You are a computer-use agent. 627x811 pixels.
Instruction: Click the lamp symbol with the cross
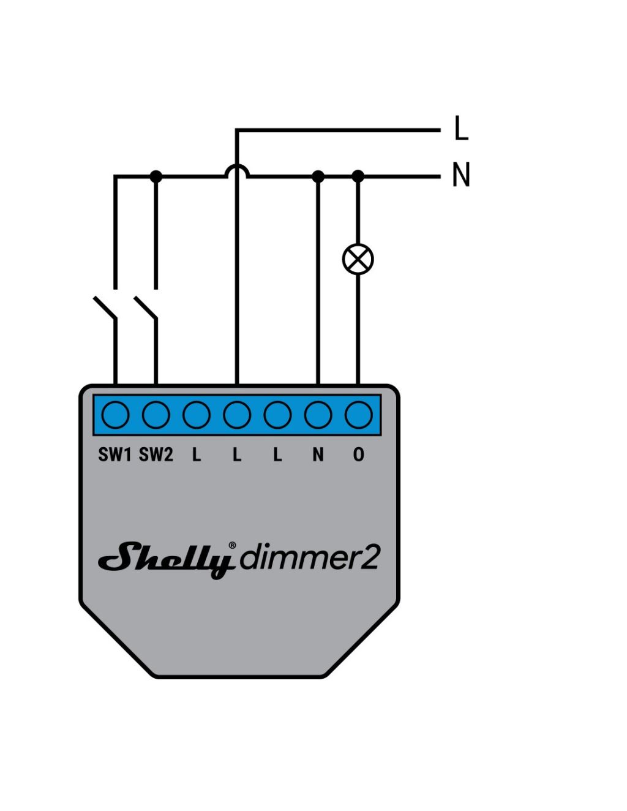point(358,258)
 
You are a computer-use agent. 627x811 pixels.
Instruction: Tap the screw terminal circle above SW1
point(115,415)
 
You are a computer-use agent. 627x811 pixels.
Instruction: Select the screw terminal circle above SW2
point(156,415)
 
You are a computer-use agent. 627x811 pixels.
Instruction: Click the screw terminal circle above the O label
point(358,415)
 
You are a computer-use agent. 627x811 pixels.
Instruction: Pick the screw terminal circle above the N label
point(318,415)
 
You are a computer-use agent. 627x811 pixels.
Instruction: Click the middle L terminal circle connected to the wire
point(237,415)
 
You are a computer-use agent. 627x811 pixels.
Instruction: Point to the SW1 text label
point(115,455)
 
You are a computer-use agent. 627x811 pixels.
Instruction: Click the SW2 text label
point(156,455)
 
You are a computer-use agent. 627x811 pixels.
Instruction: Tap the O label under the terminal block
point(358,455)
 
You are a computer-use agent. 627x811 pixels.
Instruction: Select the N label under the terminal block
point(318,455)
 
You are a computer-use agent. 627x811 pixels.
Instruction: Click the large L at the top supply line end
point(462,127)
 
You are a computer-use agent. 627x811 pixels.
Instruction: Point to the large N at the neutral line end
point(460,175)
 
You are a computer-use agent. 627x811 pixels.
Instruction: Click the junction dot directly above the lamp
point(358,176)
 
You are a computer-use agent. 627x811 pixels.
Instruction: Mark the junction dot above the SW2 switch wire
point(156,176)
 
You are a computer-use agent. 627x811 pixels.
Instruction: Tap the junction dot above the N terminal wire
point(318,176)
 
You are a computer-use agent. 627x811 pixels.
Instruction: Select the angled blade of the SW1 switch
point(105,307)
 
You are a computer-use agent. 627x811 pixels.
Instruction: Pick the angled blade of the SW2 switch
point(145,307)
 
